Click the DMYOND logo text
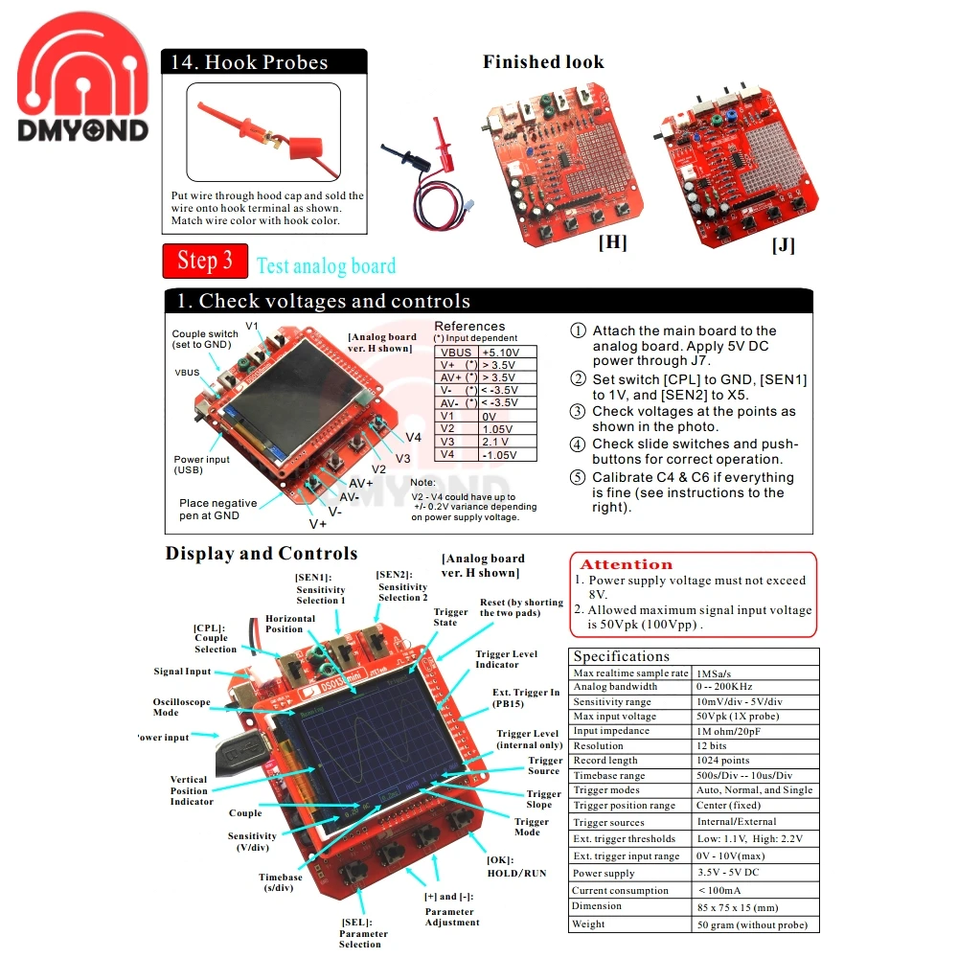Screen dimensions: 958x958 coord(83,130)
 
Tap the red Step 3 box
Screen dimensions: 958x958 coord(205,261)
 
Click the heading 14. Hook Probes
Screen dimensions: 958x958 coord(249,63)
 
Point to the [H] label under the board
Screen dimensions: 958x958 coord(612,242)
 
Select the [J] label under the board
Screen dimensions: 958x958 coord(783,245)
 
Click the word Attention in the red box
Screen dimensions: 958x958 coord(627,565)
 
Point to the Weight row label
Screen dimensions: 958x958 coord(588,924)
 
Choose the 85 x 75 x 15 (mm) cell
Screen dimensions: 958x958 coord(737,907)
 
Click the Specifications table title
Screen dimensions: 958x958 coord(622,656)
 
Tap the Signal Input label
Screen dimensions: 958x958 coord(182,672)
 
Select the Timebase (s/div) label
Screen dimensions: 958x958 coord(280,882)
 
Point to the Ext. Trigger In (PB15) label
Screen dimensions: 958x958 coord(526,698)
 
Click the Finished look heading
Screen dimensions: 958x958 coord(543,62)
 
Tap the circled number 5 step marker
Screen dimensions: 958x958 coord(578,478)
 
